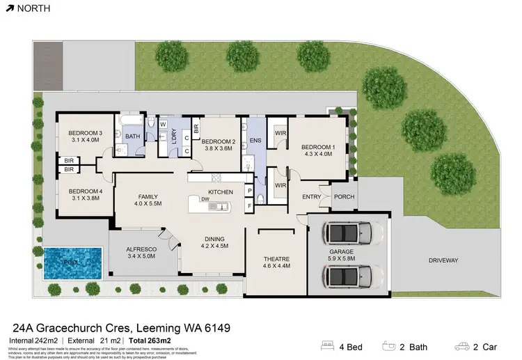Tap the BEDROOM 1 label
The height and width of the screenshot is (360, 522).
317,147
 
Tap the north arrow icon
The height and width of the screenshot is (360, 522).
8,9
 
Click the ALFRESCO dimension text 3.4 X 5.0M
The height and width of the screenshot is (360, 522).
140,257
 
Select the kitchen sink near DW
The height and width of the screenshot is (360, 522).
222,206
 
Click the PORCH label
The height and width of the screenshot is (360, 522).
344,197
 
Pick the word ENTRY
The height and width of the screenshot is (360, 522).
312,197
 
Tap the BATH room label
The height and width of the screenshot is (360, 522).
132,136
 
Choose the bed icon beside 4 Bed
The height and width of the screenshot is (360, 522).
327,345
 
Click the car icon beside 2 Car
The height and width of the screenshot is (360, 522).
461,345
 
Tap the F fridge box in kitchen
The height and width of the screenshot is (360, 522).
248,206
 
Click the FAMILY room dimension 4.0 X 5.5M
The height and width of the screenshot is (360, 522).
148,204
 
